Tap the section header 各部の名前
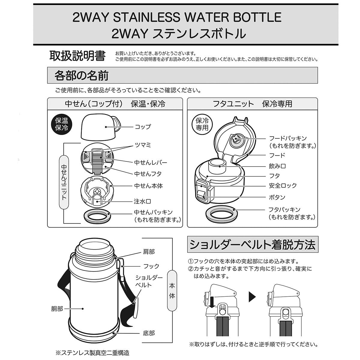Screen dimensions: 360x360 81,76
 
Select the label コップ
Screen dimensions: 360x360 142,127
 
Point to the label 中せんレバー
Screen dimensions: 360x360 151,162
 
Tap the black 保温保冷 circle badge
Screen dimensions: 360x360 61,124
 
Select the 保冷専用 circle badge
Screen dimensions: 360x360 202,124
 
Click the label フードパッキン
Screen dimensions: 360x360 288,138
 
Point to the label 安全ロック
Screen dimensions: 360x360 283,185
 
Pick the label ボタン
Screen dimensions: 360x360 277,197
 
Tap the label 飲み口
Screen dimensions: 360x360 277,166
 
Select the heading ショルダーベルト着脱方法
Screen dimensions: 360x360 252,245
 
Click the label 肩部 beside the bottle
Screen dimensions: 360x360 149,252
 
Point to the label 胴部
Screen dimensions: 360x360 57,309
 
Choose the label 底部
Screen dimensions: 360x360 149,333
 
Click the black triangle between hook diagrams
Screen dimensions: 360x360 252,297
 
